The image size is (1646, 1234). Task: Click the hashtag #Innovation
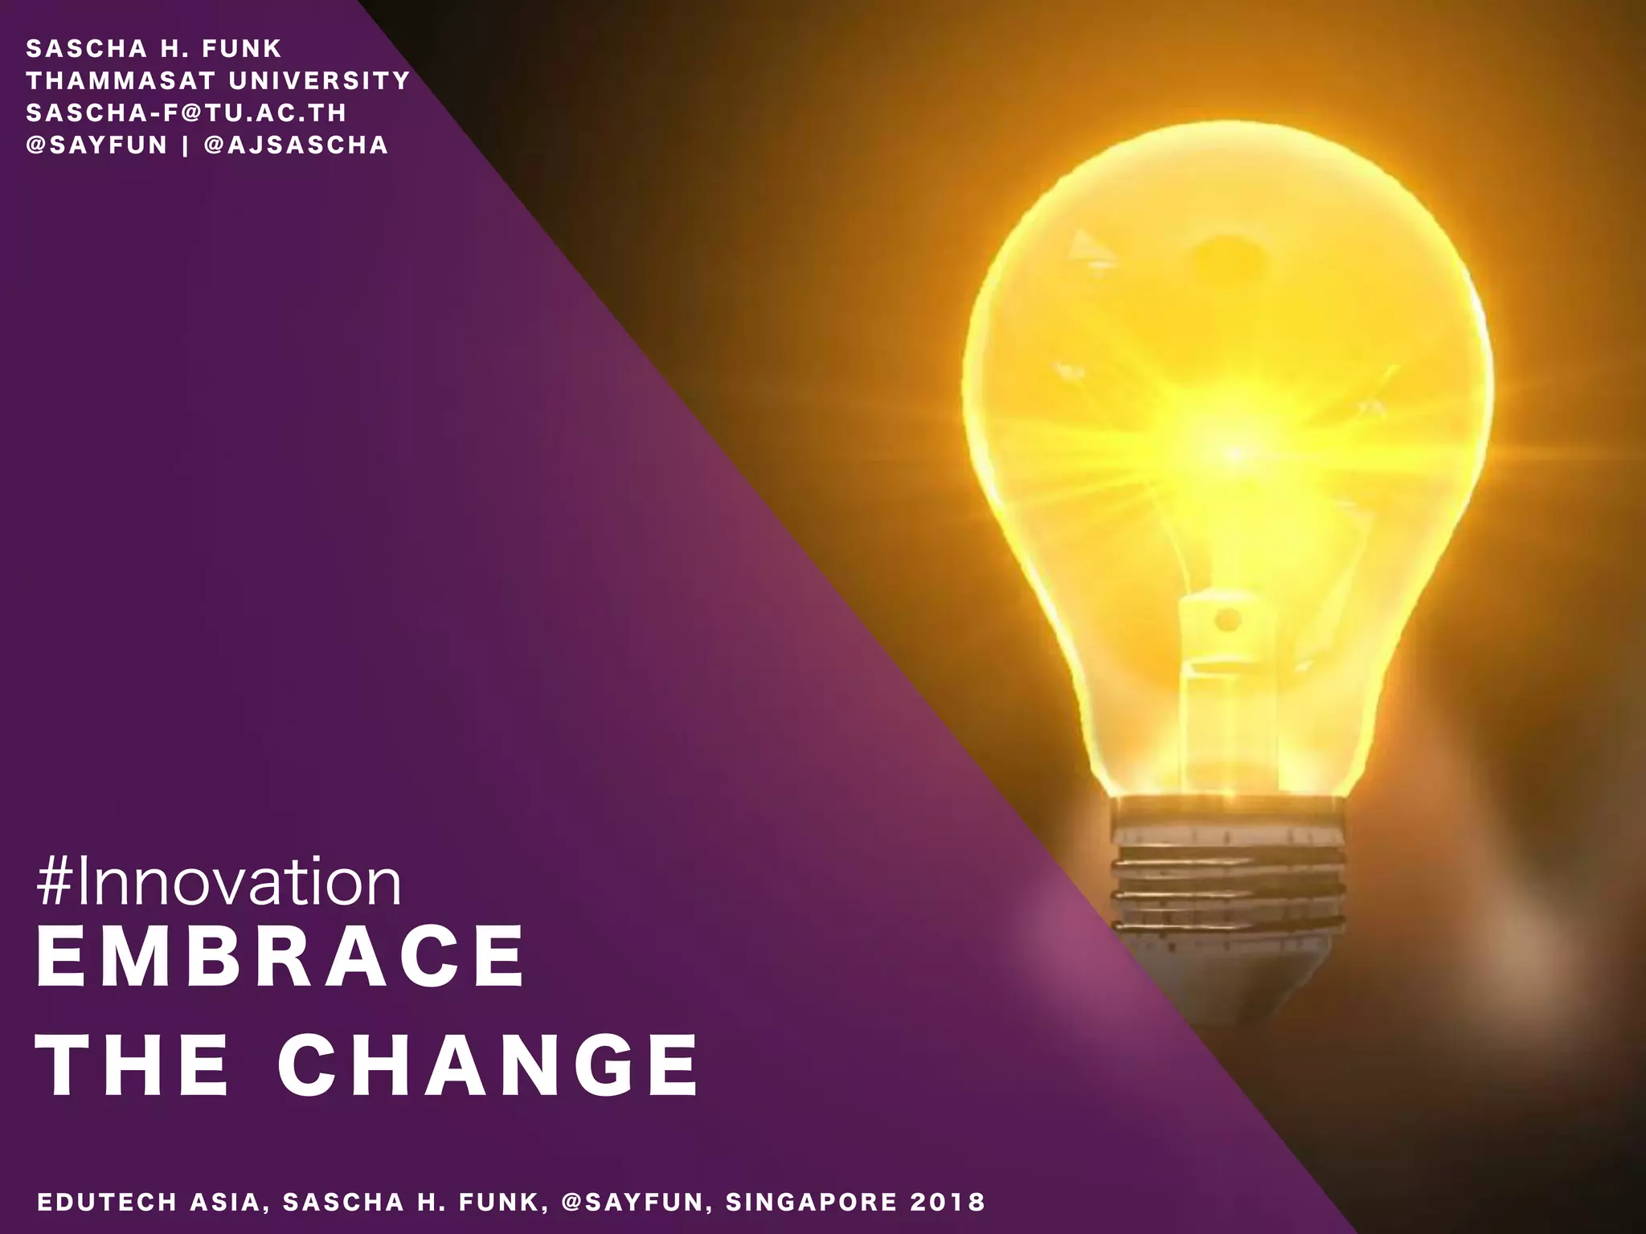pyautogui.click(x=219, y=883)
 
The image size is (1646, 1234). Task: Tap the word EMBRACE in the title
pyautogui.click(x=280, y=958)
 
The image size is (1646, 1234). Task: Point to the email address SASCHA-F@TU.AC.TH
pyautogui.click(x=186, y=112)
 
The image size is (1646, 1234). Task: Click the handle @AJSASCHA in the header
pyautogui.click(x=297, y=145)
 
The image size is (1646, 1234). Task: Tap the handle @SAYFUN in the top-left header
pyautogui.click(x=96, y=145)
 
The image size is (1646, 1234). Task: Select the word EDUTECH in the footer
pyautogui.click(x=107, y=1202)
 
